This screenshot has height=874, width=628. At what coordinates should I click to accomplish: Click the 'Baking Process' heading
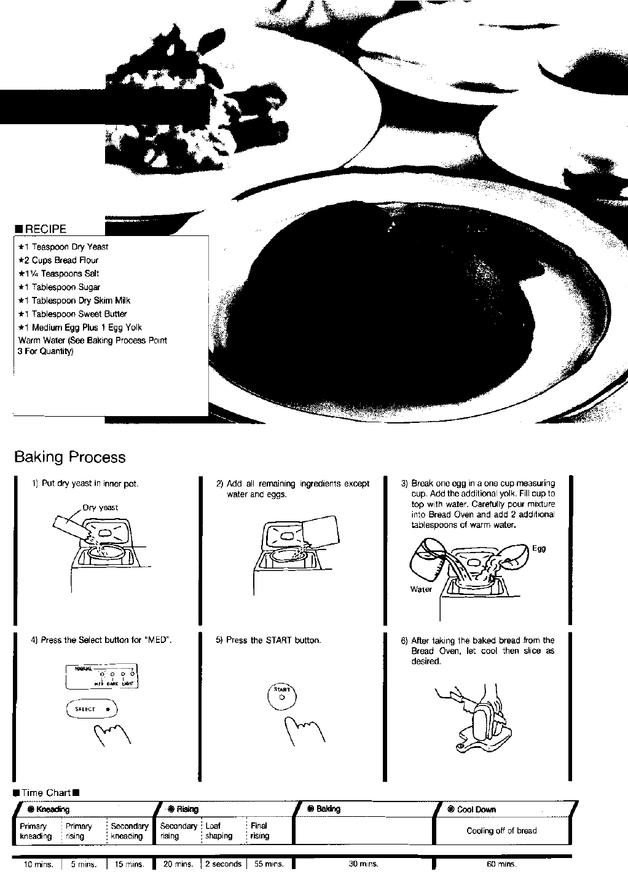click(69, 457)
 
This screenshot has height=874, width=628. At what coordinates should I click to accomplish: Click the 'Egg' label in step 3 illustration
click(538, 549)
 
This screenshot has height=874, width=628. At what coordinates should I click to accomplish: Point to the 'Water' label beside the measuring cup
click(421, 589)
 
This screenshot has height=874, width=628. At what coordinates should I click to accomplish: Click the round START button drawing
click(282, 696)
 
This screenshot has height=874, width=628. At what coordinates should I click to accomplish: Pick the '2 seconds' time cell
click(223, 864)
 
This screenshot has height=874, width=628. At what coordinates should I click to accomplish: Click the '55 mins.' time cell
click(269, 864)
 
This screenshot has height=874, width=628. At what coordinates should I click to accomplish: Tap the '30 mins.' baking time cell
click(363, 864)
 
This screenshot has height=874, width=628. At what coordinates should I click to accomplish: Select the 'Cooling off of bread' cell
click(501, 831)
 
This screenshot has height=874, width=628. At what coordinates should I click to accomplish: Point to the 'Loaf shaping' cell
click(219, 831)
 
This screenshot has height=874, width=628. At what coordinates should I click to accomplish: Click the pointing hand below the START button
click(302, 731)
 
